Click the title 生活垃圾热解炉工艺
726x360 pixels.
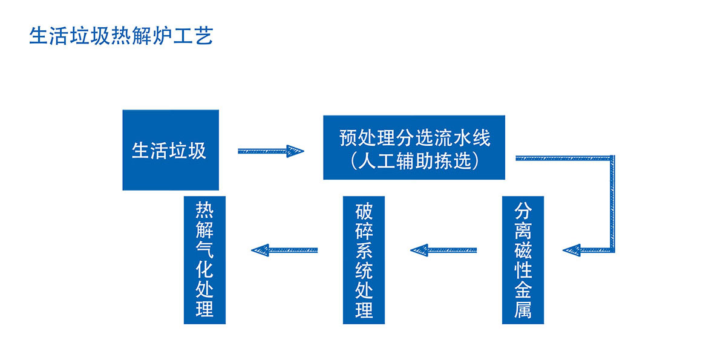[x=121, y=36]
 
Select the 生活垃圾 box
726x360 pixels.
[x=171, y=150]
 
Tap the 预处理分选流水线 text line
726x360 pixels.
[x=414, y=138]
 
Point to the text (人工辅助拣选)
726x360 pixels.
[x=414, y=161]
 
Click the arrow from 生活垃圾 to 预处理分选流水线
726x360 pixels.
[x=271, y=151]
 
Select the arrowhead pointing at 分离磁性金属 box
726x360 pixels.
[x=572, y=250]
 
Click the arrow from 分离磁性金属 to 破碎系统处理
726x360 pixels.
[x=443, y=250]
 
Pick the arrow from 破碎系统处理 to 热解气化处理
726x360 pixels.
[x=284, y=250]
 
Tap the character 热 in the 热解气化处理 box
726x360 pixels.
[x=204, y=210]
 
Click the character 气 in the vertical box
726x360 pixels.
[x=204, y=249]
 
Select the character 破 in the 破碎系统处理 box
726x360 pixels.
[x=364, y=211]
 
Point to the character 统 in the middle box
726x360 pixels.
[x=364, y=270]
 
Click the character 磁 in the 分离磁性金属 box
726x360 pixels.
[x=523, y=250]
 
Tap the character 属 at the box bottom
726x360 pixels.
[x=523, y=310]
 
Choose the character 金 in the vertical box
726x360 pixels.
[x=523, y=290]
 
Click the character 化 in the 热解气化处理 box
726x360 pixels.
[x=204, y=269]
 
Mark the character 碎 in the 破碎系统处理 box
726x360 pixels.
[x=364, y=231]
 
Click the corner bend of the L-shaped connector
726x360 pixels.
[x=612, y=158]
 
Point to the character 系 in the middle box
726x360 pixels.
[x=364, y=250]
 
